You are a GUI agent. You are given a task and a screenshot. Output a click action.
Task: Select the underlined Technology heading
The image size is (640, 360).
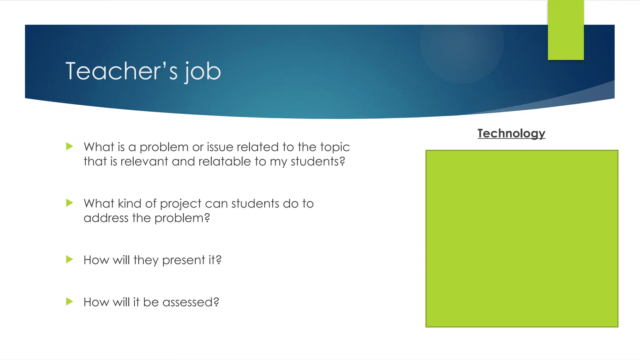(511, 133)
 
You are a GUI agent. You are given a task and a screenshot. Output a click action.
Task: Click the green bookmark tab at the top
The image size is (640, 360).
(566, 30)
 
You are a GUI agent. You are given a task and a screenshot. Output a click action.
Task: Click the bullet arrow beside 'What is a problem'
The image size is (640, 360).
(70, 146)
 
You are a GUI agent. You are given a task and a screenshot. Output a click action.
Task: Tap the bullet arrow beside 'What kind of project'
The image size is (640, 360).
(70, 203)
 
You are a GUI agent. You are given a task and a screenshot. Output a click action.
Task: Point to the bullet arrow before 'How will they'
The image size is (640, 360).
(70, 259)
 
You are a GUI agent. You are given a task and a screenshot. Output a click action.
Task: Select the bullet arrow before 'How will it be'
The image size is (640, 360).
(70, 302)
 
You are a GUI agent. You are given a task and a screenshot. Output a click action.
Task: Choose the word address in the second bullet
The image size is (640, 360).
(106, 218)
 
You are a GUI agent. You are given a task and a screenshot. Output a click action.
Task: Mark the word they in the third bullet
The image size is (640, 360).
(146, 260)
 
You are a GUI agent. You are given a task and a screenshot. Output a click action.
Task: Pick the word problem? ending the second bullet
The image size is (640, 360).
(182, 218)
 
